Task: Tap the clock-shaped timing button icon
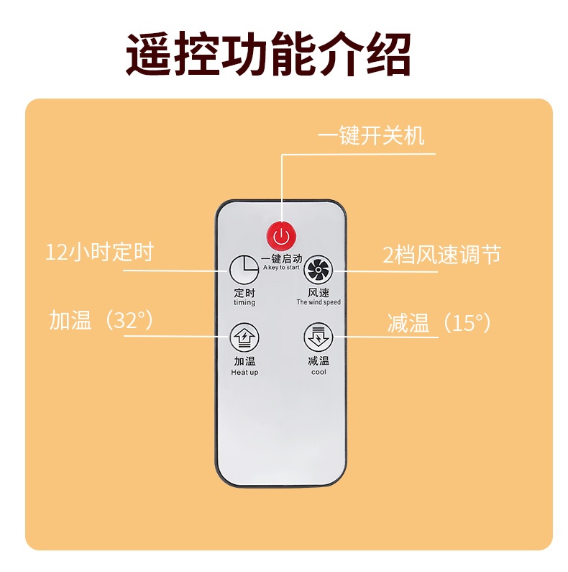[244, 271]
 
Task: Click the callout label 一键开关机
[371, 136]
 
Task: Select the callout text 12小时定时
[100, 253]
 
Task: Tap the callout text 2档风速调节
[441, 255]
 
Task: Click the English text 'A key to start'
[280, 268]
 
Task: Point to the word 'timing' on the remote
[244, 303]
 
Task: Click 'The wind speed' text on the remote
[318, 303]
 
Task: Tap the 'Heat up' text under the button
[244, 372]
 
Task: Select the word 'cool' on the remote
[318, 372]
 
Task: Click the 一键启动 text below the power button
[281, 258]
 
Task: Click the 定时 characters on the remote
[244, 293]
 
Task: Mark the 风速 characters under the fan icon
[318, 293]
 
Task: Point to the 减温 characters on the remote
[318, 361]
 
